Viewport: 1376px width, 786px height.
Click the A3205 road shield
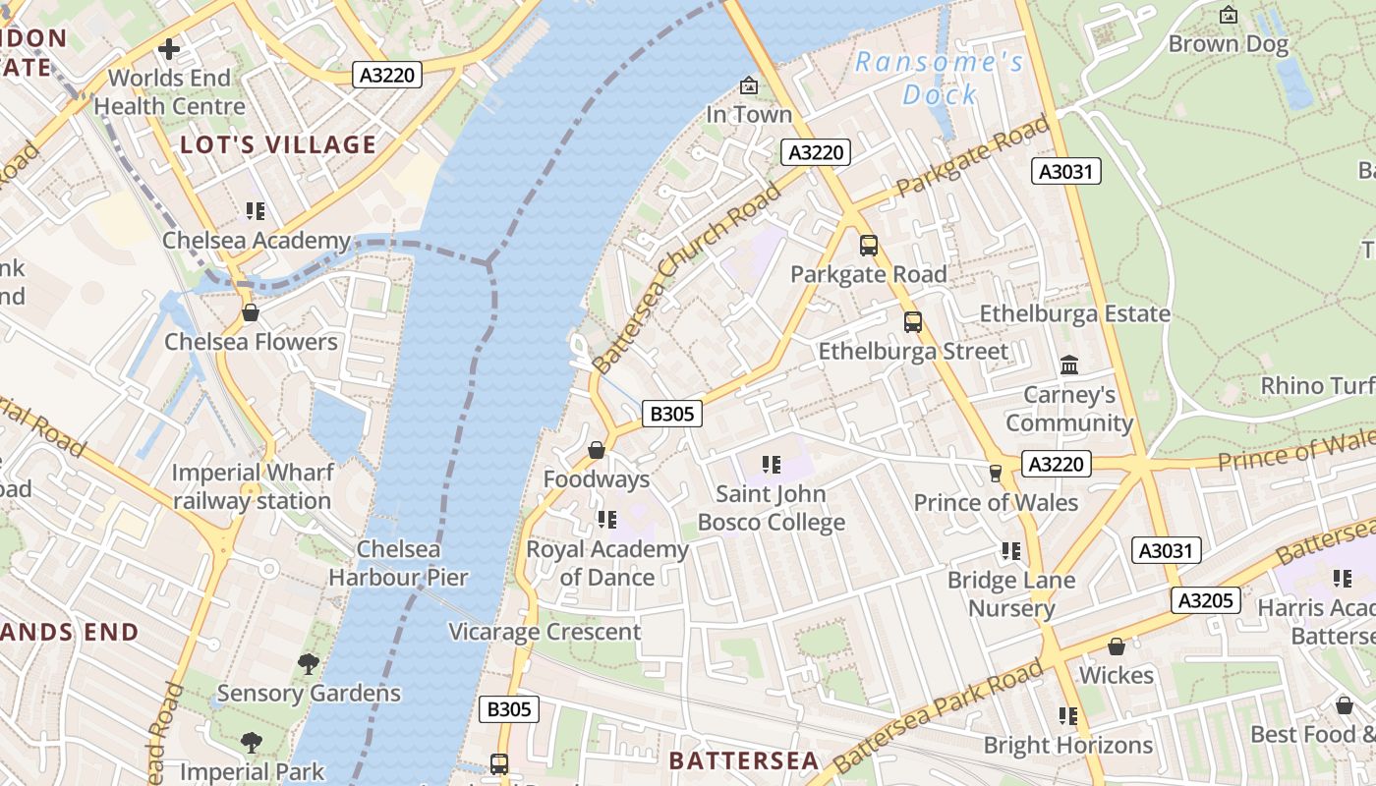coord(1205,600)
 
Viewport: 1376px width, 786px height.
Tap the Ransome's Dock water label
coord(940,79)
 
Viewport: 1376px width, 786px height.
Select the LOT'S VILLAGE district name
coord(278,145)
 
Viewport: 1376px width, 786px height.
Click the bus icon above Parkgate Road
coord(868,246)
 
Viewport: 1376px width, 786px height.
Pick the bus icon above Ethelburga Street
coord(913,322)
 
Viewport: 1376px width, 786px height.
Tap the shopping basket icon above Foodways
coord(597,451)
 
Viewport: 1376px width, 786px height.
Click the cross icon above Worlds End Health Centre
coord(169,48)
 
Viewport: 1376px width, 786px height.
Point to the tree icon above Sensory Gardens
coord(309,664)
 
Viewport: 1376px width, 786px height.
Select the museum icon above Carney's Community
coord(1069,365)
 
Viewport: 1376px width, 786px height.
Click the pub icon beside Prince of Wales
coord(995,474)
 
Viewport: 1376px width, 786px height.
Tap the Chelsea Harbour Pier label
coord(398,563)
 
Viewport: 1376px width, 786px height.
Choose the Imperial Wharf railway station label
coord(252,486)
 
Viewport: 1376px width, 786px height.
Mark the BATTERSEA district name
coord(744,760)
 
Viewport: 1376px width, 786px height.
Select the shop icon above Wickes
coord(1117,646)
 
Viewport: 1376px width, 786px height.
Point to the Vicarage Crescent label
coord(545,632)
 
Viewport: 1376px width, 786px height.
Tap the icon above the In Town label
coord(749,86)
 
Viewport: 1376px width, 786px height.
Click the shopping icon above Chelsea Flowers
coord(251,313)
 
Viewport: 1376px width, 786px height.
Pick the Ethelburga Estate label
coord(1075,313)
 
